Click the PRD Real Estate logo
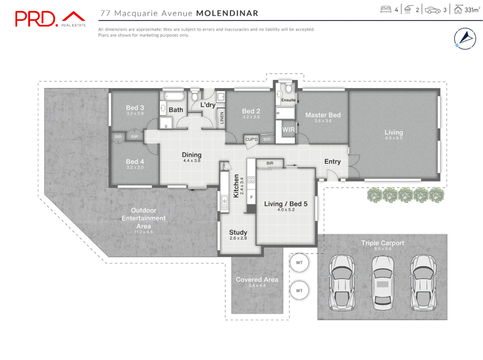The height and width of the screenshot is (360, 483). coord(50,19)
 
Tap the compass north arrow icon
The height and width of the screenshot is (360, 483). coord(465,39)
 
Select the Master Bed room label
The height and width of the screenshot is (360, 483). coord(323,115)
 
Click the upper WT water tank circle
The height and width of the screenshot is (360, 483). coord(299,263)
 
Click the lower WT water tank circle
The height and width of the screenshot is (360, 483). coord(299,290)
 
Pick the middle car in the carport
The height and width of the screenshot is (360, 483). coord(383,283)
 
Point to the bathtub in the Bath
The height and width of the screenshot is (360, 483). coord(174,96)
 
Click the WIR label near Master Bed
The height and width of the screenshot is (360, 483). coord(288,130)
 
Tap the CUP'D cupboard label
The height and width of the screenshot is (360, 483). coord(251,139)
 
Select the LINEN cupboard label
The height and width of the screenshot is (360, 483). coord(222,118)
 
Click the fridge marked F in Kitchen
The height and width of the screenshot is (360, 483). coord(251,197)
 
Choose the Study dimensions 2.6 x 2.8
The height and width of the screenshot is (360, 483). coord(238,238)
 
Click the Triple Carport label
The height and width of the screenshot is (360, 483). coord(382,243)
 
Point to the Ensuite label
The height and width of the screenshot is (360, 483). coord(288,100)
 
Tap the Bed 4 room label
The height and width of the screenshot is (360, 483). coord(135,162)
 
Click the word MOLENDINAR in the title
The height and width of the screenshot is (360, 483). coord(227,13)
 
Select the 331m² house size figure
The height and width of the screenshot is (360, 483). coord(472,10)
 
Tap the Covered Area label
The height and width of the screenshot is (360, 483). coord(257,280)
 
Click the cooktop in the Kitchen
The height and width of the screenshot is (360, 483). coord(251,179)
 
